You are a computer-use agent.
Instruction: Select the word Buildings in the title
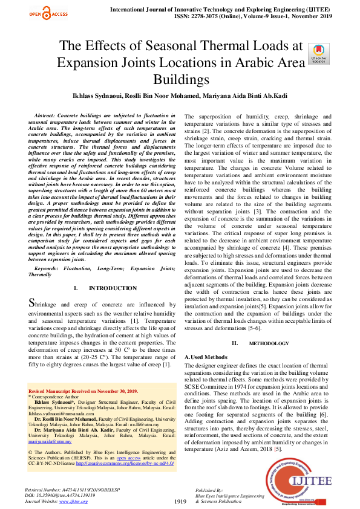click(x=180, y=79)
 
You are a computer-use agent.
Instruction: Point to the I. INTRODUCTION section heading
click(x=100, y=288)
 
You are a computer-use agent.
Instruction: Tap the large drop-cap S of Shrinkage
click(x=34, y=303)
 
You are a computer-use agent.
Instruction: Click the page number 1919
click(x=180, y=501)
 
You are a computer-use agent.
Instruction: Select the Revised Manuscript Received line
click(x=83, y=392)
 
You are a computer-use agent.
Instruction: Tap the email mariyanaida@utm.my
click(x=50, y=442)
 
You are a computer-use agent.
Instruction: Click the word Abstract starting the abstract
click(x=47, y=114)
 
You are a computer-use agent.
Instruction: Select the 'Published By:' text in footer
click(x=209, y=490)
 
